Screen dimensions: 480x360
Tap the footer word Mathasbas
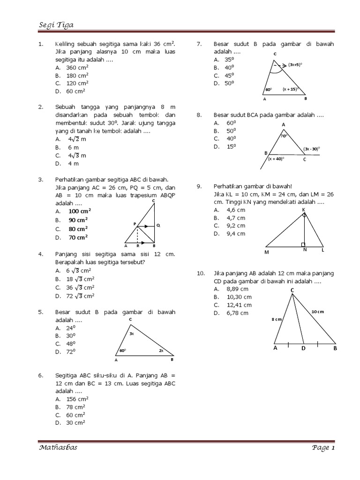58,448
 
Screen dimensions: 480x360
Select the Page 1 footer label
322,448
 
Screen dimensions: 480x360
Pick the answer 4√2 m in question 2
77,139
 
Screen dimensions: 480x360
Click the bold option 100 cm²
80,211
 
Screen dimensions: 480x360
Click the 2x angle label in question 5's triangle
161,351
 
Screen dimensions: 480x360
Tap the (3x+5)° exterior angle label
295,64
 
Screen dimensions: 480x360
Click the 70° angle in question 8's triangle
284,136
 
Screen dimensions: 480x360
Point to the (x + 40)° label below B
276,159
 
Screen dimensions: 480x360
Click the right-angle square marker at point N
304,244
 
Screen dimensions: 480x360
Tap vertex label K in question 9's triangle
304,210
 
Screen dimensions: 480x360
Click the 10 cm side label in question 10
317,312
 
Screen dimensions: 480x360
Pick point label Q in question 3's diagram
158,225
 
